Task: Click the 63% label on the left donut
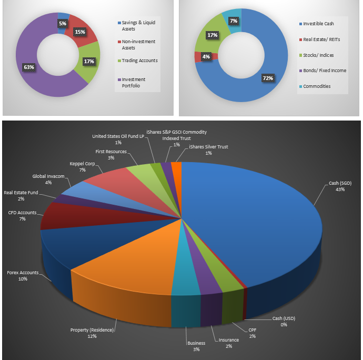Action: pos(28,67)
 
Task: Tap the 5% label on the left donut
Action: pos(63,23)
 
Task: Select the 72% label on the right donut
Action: pos(268,78)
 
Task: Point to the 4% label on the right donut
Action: pos(206,56)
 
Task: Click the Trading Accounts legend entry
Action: pos(139,61)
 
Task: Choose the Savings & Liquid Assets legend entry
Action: pos(138,26)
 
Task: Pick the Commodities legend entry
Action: pos(317,86)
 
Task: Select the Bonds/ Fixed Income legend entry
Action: pos(325,70)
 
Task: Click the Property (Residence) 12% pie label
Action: pos(92,333)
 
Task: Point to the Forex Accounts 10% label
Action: pos(23,276)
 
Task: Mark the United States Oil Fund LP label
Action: pos(118,139)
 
